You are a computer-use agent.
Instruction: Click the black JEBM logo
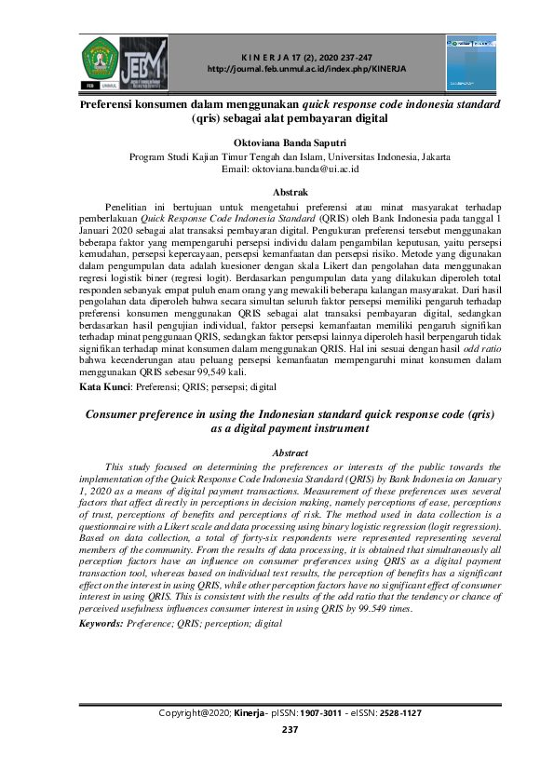point(144,61)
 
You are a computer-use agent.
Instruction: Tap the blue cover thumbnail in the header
point(471,58)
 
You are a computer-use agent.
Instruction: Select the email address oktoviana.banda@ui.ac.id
point(320,169)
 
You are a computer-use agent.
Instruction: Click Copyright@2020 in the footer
point(196,713)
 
